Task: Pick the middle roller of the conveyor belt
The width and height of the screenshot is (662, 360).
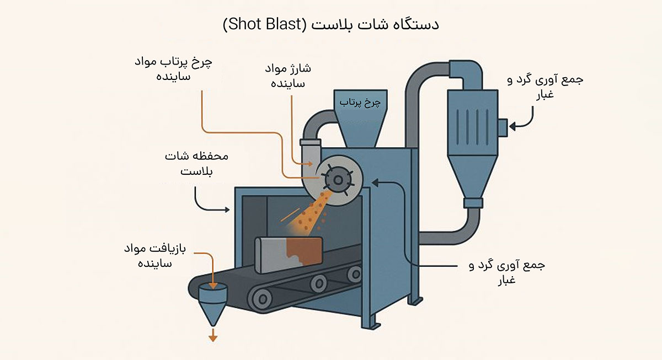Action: point(317,284)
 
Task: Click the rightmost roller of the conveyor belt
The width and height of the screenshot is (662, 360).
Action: point(356,273)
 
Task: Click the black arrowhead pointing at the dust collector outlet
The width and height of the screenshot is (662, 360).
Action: point(512,126)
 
